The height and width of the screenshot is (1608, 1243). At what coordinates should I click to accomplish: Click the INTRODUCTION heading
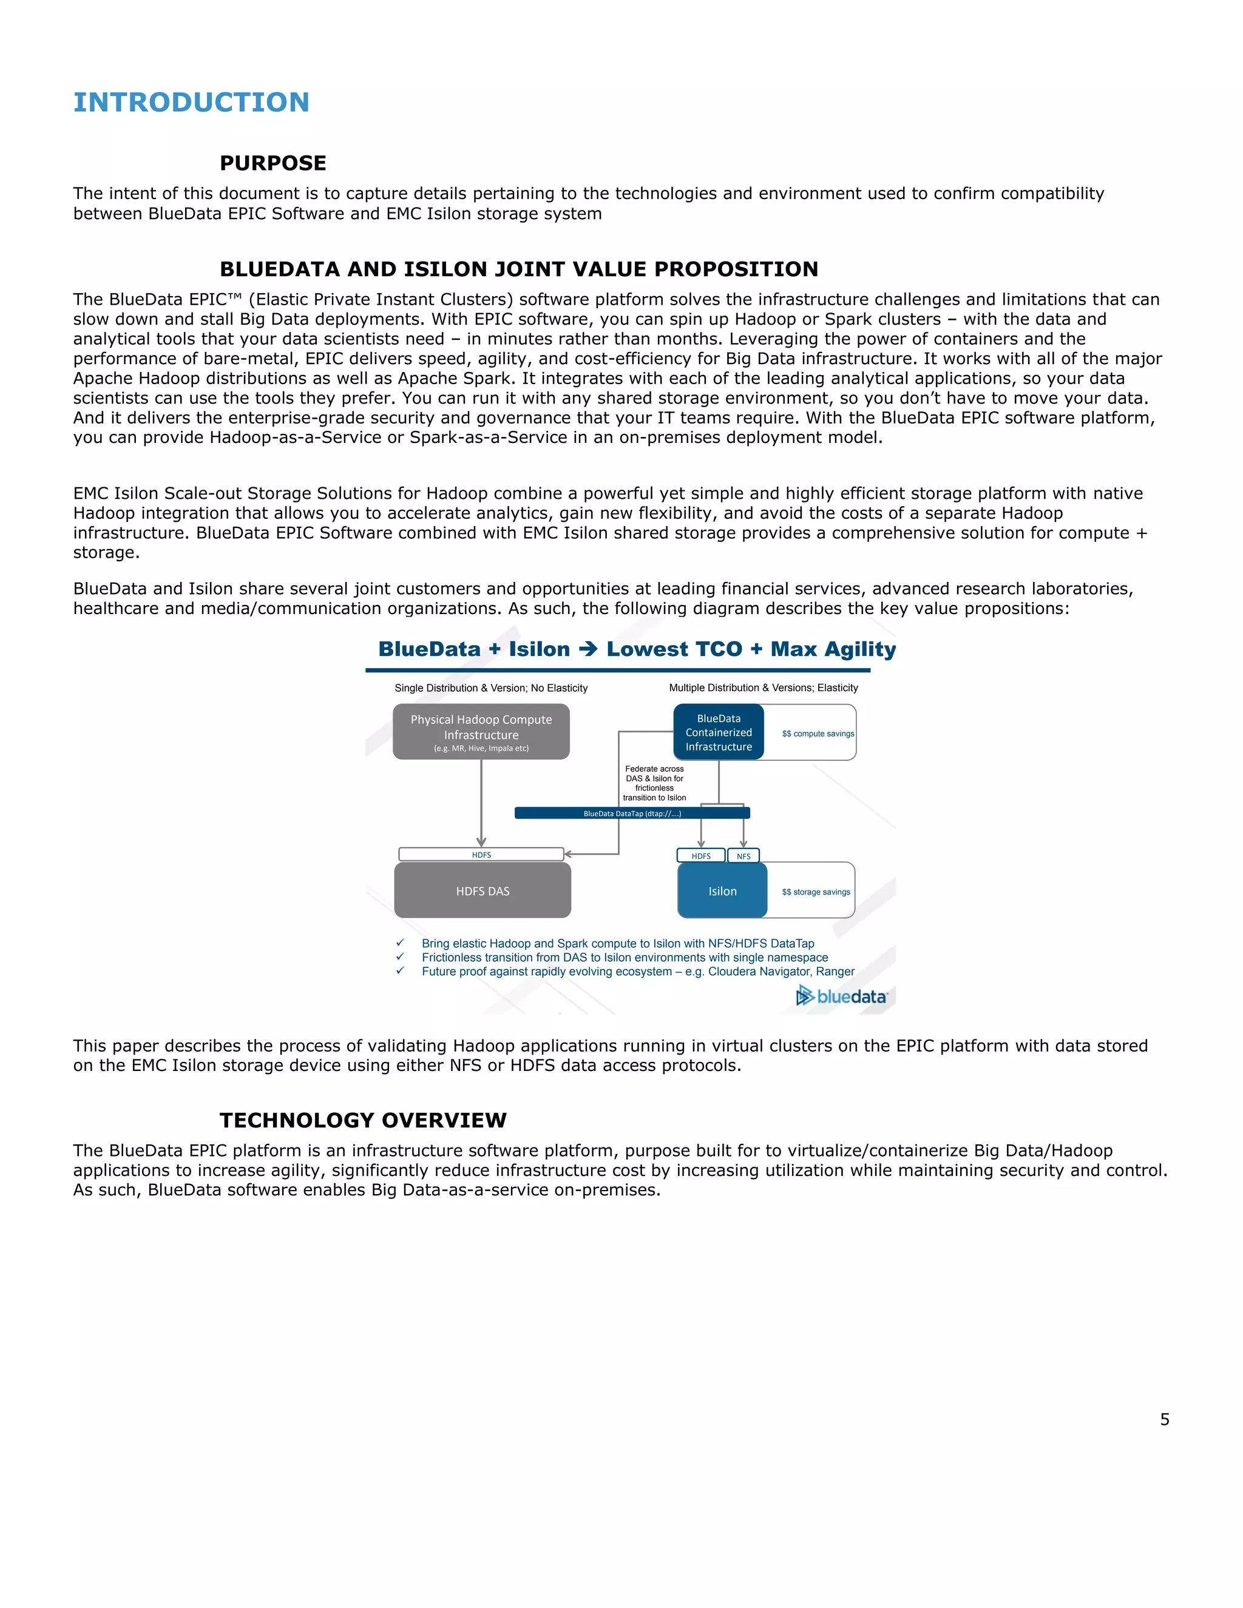(191, 103)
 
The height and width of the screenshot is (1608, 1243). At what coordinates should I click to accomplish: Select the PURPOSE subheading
(273, 163)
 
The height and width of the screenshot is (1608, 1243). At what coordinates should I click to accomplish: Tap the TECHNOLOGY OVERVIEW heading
(363, 1120)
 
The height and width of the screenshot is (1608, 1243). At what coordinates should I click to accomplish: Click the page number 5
(1164, 1419)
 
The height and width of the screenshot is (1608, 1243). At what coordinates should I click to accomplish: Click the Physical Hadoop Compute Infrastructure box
(481, 731)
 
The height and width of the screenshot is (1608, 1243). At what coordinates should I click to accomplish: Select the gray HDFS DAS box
(483, 890)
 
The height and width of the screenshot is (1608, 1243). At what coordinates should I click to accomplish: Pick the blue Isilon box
(722, 890)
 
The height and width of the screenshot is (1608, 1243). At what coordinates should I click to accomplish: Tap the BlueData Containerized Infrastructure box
(719, 732)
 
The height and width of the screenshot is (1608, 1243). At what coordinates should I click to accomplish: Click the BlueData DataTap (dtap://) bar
(632, 813)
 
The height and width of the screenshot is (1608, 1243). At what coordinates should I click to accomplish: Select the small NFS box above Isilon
(743, 856)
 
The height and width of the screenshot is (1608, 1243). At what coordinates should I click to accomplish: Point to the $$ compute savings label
(818, 734)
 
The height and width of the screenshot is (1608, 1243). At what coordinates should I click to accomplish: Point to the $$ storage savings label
(815, 891)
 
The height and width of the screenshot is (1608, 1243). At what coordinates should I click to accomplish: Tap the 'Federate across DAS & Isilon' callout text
(654, 783)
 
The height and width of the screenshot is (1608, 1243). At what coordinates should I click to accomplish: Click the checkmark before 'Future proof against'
(400, 970)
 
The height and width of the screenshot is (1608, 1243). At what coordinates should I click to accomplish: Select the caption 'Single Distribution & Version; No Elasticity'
(490, 687)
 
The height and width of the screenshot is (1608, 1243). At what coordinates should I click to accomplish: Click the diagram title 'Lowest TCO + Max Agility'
(750, 649)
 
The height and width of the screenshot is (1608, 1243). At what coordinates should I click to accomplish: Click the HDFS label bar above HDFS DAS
(481, 854)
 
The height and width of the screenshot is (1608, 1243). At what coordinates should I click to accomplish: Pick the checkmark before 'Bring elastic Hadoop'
(400, 942)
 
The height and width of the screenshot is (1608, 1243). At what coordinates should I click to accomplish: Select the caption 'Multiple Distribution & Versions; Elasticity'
(763, 687)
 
